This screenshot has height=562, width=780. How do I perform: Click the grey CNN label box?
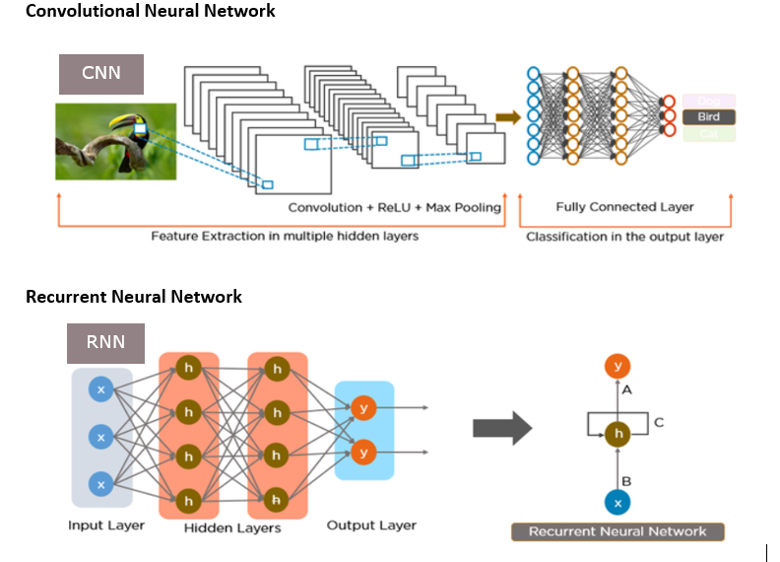pos(101,74)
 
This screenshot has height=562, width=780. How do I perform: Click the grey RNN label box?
pos(104,343)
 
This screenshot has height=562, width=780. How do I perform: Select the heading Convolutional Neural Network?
pos(150,12)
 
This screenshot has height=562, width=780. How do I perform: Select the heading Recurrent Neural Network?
pos(133,297)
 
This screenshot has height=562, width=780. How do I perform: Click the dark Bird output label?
pos(708,116)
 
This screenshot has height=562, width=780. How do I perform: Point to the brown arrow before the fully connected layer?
pos(507,117)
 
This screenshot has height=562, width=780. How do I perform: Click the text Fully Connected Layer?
pos(624,207)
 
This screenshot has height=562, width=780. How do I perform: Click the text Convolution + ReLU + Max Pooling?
pos(394,208)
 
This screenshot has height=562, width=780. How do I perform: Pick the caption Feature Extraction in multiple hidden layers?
pos(285,237)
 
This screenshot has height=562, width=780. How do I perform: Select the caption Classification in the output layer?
pos(624,237)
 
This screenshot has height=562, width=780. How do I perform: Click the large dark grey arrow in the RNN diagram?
pos(502,429)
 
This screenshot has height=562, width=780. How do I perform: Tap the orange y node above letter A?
pos(617,367)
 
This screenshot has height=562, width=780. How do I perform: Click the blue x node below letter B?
pos(617,503)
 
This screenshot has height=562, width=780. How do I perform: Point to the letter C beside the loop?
pos(659,423)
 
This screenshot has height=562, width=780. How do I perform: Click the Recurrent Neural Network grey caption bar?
pos(617,531)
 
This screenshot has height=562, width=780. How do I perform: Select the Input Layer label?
pos(106,526)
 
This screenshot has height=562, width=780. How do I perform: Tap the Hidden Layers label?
pos(232,528)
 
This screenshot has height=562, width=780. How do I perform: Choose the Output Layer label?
pos(371,526)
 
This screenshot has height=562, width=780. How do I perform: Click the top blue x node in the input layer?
pos(100,389)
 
